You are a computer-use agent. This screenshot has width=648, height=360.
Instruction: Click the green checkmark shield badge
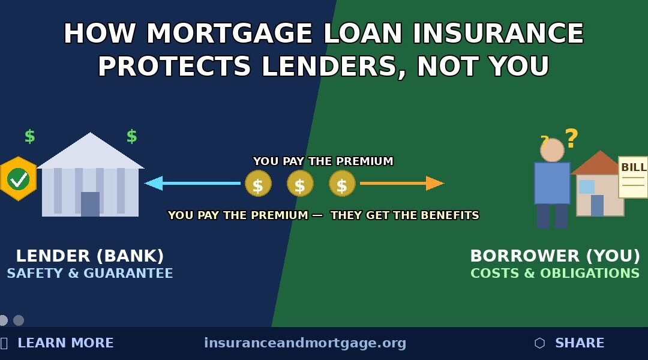click(x=18, y=179)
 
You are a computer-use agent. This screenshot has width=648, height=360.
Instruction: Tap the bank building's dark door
click(x=90, y=204)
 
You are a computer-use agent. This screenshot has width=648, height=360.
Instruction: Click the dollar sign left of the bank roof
click(x=29, y=136)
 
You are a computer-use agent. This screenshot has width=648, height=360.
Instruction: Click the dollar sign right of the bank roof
click(x=131, y=136)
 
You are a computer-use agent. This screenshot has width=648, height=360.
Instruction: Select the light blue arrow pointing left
click(x=192, y=183)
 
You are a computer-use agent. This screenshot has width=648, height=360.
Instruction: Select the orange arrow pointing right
click(x=402, y=183)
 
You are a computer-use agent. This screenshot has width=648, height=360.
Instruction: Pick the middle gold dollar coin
click(x=300, y=184)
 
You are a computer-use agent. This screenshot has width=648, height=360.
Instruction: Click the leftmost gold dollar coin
click(x=258, y=184)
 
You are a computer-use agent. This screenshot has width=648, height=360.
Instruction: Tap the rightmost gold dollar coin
click(x=342, y=184)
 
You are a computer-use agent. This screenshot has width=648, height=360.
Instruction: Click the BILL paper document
click(x=633, y=177)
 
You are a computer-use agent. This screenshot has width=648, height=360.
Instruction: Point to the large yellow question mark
click(x=571, y=139)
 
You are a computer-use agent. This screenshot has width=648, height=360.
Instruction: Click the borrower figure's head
click(x=552, y=150)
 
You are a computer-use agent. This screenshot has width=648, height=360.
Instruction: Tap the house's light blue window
click(x=586, y=187)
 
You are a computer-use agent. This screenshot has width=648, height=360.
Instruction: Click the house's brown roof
click(x=599, y=163)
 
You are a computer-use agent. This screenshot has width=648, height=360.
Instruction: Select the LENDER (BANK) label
click(x=90, y=256)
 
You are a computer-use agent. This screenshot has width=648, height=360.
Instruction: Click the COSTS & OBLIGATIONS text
click(x=555, y=274)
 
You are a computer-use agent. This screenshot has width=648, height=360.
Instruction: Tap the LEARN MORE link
click(x=65, y=343)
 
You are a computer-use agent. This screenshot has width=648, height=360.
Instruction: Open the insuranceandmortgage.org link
click(x=305, y=343)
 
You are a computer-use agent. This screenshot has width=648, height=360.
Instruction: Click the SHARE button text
click(x=579, y=343)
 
